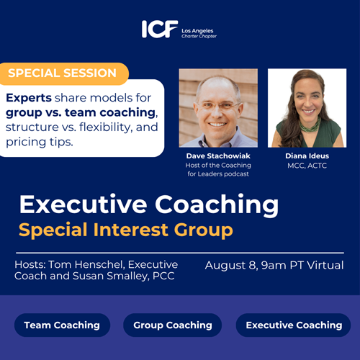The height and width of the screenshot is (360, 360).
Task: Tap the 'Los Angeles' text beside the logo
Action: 197,31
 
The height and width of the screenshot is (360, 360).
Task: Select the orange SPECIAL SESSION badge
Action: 64,73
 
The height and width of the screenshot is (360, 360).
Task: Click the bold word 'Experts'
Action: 29,98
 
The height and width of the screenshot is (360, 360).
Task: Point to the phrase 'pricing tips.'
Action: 40,142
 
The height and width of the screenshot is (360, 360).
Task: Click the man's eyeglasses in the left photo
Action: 217,105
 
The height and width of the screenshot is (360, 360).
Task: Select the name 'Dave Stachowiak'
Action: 218,156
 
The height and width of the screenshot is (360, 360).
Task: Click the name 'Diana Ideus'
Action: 307,156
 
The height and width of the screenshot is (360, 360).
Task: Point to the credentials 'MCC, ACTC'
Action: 307,166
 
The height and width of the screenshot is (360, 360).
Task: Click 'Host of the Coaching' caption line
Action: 218,166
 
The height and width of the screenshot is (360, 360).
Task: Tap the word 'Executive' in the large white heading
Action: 84,204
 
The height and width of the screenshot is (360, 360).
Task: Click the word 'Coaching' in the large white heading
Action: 217,205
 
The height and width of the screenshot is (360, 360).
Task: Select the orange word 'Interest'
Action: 131,230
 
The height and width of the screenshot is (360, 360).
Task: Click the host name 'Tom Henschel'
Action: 86,265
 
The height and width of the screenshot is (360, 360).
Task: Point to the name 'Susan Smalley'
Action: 110,276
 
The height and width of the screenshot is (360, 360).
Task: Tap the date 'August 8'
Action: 230,266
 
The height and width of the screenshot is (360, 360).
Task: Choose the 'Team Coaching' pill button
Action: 62,325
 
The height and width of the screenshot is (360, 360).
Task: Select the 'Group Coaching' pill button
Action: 173,325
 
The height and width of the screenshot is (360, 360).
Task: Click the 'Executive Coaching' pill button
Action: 293,325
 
